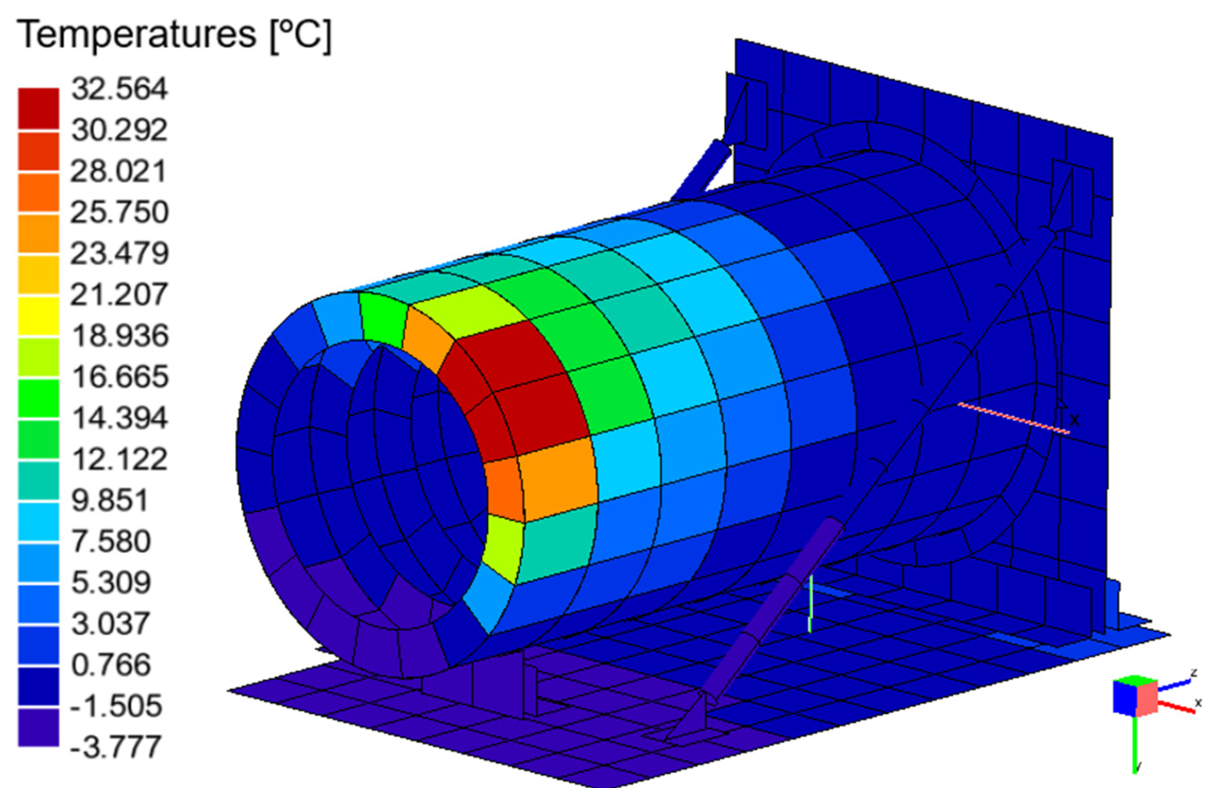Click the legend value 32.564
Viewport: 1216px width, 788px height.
click(x=119, y=88)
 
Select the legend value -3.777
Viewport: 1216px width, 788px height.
click(x=115, y=746)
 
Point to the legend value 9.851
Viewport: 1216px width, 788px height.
click(x=110, y=500)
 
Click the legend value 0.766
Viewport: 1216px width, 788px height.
click(x=111, y=665)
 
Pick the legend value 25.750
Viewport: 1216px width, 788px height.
click(x=119, y=212)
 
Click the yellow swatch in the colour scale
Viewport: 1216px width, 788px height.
click(x=39, y=315)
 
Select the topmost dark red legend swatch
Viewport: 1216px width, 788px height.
click(x=39, y=109)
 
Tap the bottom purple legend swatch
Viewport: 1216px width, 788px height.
click(x=39, y=727)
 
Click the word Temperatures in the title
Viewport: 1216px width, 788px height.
click(x=137, y=35)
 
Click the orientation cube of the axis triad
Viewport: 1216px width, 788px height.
click(x=1135, y=697)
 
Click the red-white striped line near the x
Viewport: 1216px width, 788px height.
click(x=1013, y=418)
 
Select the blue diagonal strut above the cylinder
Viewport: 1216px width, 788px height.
click(x=702, y=170)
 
